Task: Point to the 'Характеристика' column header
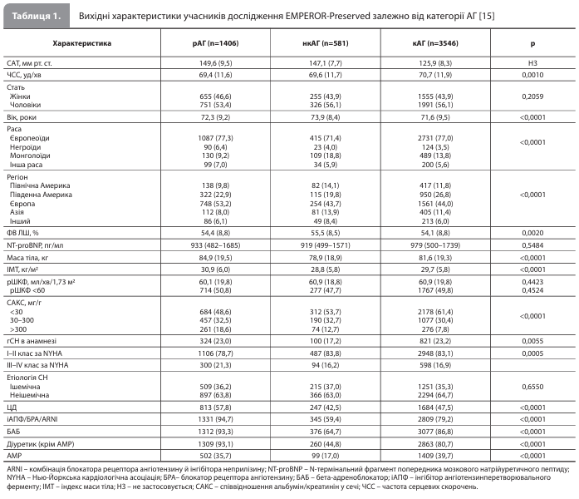(x=81, y=42)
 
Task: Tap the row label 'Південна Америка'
(x=40, y=194)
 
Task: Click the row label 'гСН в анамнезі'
(x=31, y=340)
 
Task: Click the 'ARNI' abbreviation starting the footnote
(x=15, y=470)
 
